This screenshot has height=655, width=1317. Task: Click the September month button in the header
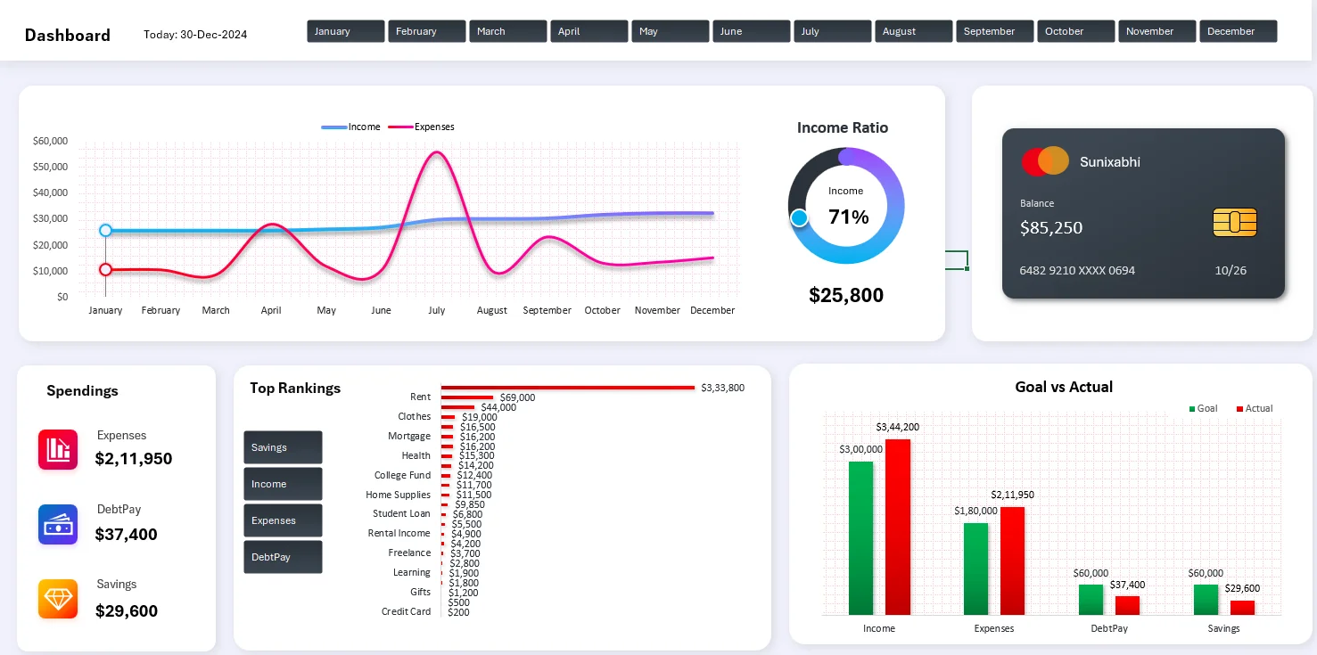coord(994,31)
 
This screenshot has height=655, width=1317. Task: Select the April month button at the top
coord(589,31)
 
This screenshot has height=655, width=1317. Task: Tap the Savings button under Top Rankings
coord(283,447)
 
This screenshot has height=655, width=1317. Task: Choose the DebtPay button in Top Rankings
coord(283,557)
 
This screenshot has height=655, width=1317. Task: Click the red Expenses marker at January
coord(105,269)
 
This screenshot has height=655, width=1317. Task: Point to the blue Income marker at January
coord(105,230)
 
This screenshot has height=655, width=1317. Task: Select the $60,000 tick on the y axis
coord(50,141)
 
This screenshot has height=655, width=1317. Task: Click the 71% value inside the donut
coord(848,217)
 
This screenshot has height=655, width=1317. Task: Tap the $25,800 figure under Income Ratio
coord(846,295)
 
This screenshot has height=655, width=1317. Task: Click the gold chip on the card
coord(1235,222)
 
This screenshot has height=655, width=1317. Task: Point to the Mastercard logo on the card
coord(1045,161)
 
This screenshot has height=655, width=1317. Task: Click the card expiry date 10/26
coord(1230,270)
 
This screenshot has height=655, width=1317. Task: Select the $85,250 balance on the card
coord(1051,228)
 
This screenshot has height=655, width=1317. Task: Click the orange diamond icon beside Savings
coord(58,599)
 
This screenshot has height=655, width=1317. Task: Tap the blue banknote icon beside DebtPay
coord(58,524)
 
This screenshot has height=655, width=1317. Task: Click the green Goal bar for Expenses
coord(975,568)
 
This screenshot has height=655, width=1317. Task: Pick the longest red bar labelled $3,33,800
coord(567,388)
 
